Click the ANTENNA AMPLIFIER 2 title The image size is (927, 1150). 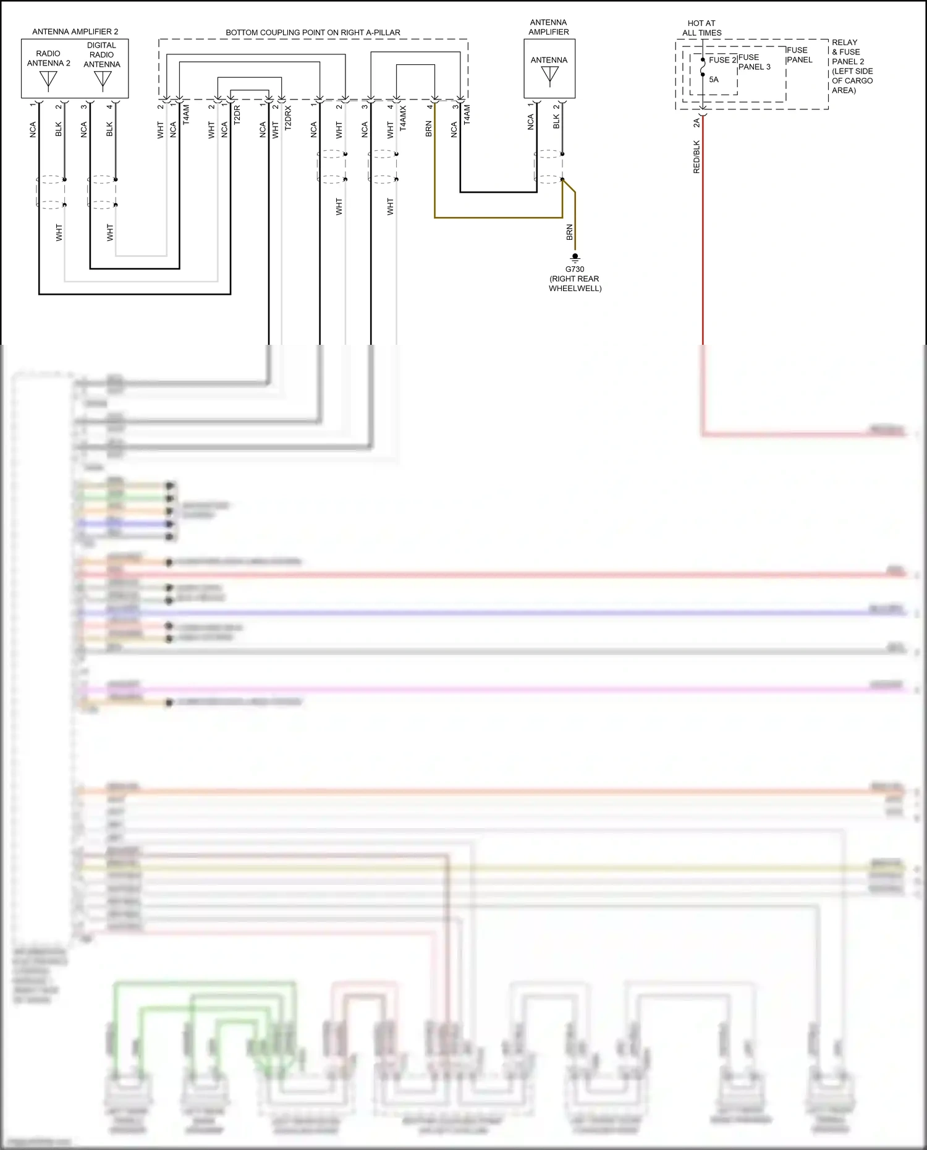[x=75, y=32]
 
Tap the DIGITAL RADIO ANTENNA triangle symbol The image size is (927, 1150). [x=103, y=79]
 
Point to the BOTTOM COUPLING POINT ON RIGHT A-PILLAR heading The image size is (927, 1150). [x=313, y=32]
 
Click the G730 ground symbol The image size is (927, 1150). [x=575, y=257]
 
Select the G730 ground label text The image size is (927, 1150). [x=575, y=269]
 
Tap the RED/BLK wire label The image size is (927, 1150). [x=696, y=157]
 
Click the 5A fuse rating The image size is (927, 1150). [x=714, y=80]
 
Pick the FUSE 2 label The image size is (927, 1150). [x=722, y=60]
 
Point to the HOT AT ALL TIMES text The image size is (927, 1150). [x=701, y=28]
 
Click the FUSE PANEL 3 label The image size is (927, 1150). [x=754, y=62]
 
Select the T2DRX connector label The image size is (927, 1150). [x=288, y=117]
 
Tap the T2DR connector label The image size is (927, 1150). [x=237, y=116]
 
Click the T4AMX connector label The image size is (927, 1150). [x=403, y=117]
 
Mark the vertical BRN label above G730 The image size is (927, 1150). [x=569, y=232]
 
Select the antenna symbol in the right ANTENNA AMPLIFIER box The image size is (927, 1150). [x=549, y=76]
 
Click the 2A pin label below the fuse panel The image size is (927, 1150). [x=696, y=123]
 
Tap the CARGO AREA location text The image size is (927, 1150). [x=852, y=85]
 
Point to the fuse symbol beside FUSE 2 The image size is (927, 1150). [x=703, y=67]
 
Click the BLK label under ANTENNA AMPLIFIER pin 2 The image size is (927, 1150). [x=556, y=122]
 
